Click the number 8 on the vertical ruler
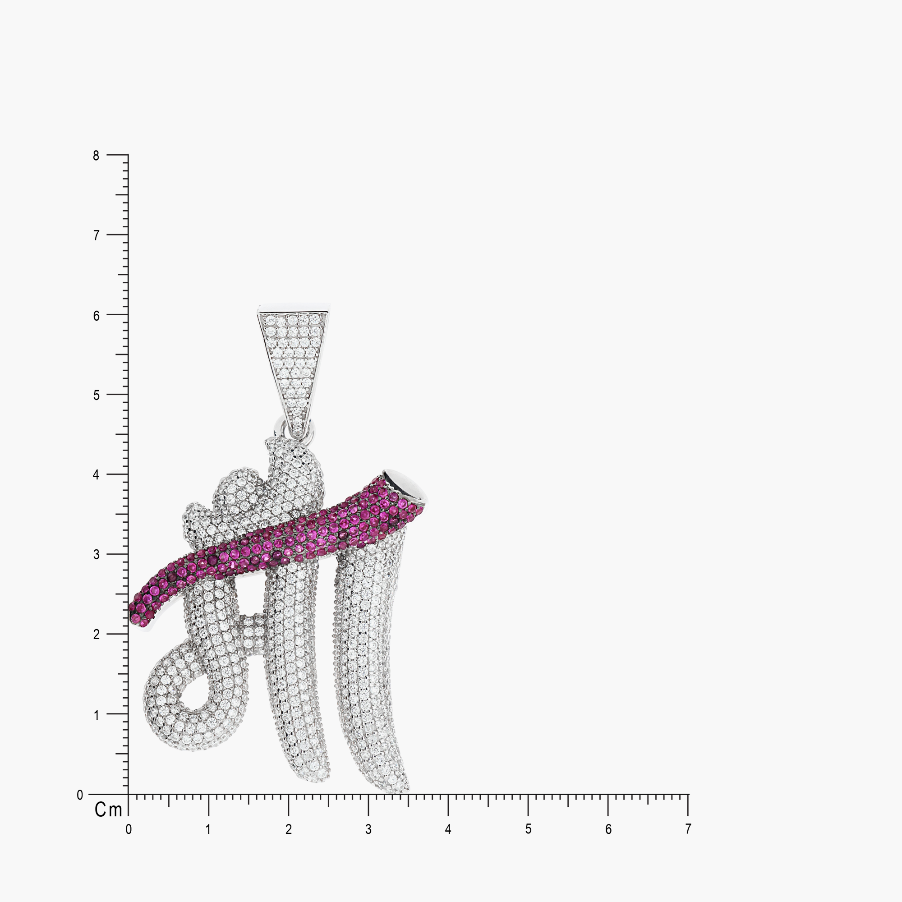pos(96,156)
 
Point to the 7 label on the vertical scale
pos(96,235)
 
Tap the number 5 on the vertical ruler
pos(96,396)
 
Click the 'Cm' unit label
pos(108,810)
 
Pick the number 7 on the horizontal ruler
pos(688,829)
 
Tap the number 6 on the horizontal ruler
pos(608,829)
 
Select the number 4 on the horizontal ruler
pos(448,829)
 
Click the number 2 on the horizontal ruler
pos(289,829)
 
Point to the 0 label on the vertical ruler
pos(80,795)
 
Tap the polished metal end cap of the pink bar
pos(404,486)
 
